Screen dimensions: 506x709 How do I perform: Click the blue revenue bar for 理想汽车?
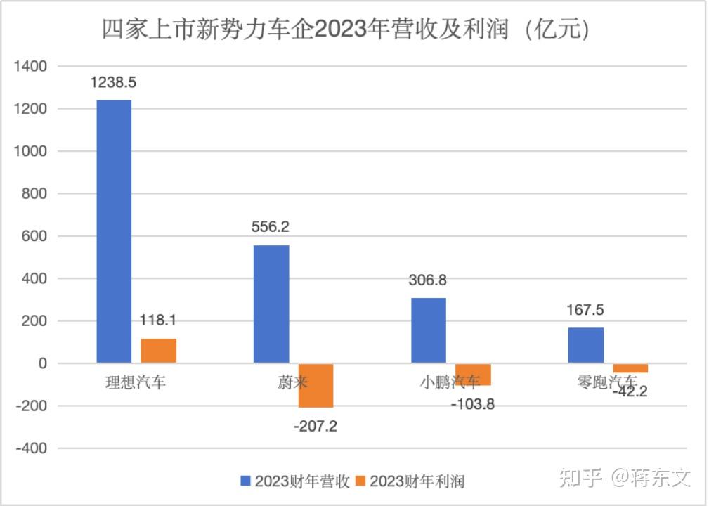point(114,232)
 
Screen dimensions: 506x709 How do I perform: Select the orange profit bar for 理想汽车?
point(158,351)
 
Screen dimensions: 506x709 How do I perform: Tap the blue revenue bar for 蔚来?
point(271,304)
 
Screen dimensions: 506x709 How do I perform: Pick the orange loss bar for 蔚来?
point(316,385)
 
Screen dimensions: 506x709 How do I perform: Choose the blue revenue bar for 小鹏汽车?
point(428,330)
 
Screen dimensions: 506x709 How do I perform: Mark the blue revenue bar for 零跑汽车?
point(585,345)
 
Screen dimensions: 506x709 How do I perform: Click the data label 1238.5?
point(113,82)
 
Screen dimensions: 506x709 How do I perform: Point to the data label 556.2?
point(271,227)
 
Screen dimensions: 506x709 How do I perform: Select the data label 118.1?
point(158,320)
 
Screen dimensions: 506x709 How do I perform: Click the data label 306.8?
point(427,280)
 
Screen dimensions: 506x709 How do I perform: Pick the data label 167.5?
point(585,310)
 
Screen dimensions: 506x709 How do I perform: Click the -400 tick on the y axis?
point(31,448)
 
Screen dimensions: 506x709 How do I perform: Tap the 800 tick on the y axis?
point(34,194)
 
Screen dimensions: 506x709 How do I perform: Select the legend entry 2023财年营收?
point(294,481)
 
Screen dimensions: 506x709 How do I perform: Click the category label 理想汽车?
point(133,383)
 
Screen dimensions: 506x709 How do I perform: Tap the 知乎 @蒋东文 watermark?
point(625,478)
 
